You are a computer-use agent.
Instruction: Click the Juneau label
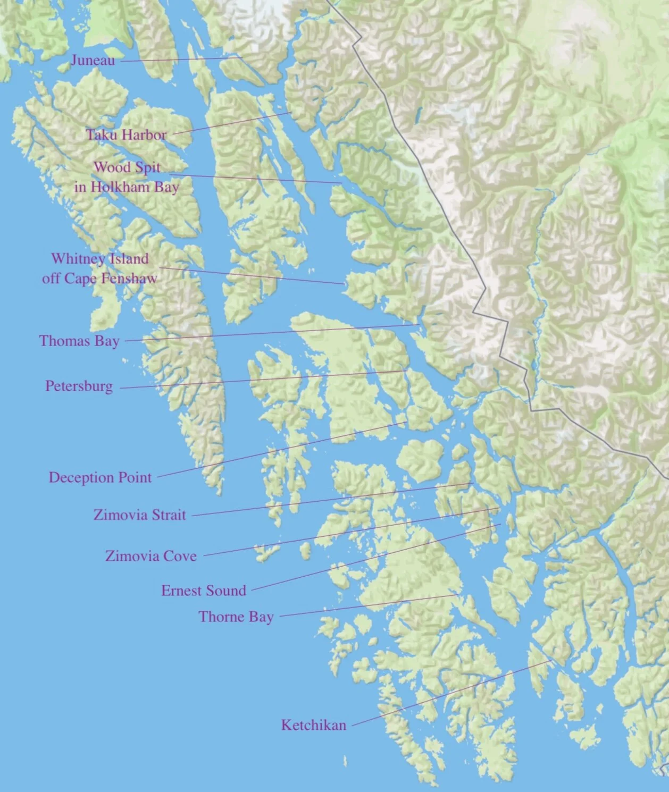pos(93,60)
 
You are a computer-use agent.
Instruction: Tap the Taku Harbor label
pos(127,135)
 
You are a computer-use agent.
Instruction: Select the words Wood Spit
pos(127,167)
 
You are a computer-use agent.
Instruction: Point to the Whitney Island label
pos(100,259)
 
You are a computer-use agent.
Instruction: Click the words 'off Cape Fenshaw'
pos(99,278)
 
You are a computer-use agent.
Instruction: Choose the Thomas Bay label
pos(79,341)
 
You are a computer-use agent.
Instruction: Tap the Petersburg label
pos(79,386)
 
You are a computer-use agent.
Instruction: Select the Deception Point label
pos(101,477)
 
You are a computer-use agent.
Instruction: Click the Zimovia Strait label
pos(140,515)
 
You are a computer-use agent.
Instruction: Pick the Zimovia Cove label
pos(151,556)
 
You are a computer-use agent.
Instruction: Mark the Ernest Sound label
pos(204,591)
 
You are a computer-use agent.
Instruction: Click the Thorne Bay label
pos(236,617)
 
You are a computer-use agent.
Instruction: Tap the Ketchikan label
pos(314,725)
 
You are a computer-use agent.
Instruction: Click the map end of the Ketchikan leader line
pos(550,661)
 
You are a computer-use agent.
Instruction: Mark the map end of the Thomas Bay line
pos(420,324)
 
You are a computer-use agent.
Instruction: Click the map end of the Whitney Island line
pos(345,284)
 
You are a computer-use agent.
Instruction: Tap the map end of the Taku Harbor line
pos(290,112)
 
